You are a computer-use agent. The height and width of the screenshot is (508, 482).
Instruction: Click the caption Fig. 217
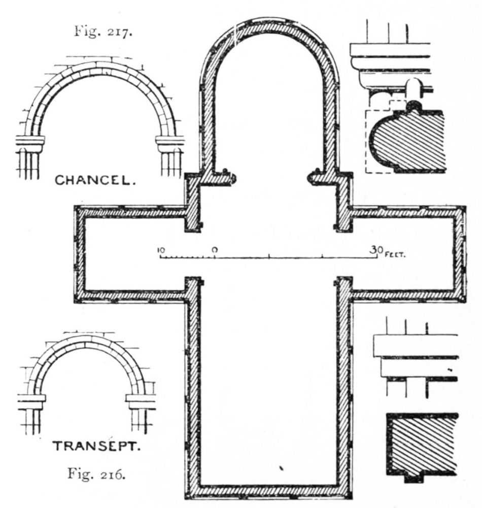(x=103, y=31)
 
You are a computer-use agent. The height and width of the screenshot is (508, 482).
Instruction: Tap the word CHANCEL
(x=95, y=180)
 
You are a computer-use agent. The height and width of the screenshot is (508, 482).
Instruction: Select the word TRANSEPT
(x=97, y=446)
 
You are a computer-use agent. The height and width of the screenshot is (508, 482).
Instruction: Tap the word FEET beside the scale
(x=395, y=255)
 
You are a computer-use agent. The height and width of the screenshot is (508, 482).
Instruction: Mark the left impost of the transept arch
(x=31, y=402)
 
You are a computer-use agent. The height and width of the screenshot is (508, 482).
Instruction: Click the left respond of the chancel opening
(x=227, y=177)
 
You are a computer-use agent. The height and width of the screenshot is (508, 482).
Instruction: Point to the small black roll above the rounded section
(x=414, y=106)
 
